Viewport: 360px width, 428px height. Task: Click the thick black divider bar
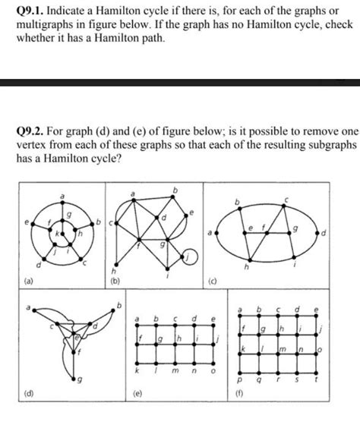click(x=180, y=81)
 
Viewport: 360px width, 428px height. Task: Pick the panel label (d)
click(x=12, y=414)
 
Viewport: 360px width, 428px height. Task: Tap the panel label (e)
click(x=116, y=414)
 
